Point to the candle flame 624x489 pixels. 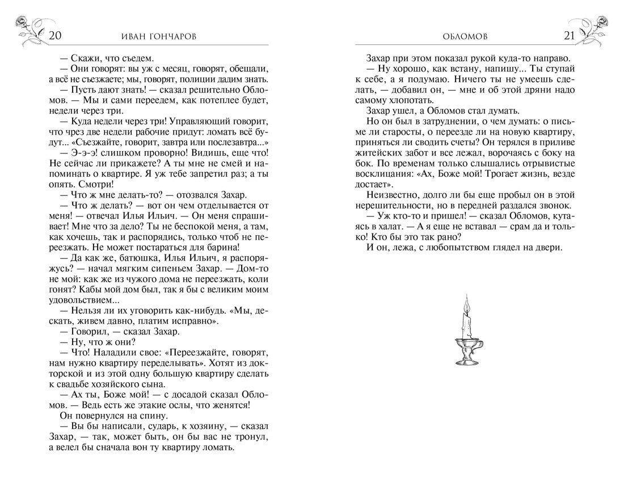467,307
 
